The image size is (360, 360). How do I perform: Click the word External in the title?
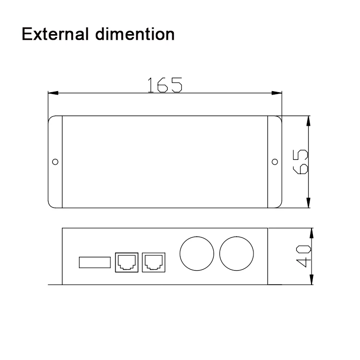[55, 34]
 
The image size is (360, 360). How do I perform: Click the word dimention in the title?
[135, 34]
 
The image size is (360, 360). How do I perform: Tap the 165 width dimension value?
[165, 84]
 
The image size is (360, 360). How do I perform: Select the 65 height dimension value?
[300, 162]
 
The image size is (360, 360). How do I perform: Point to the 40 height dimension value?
[303, 256]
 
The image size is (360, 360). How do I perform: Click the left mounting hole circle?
[55, 162]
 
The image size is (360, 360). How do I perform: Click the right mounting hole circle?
[275, 162]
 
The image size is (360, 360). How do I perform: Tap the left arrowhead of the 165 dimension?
[53, 93]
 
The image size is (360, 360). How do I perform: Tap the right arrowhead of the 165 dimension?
[276, 93]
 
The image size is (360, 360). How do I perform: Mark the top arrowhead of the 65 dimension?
[308, 121]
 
